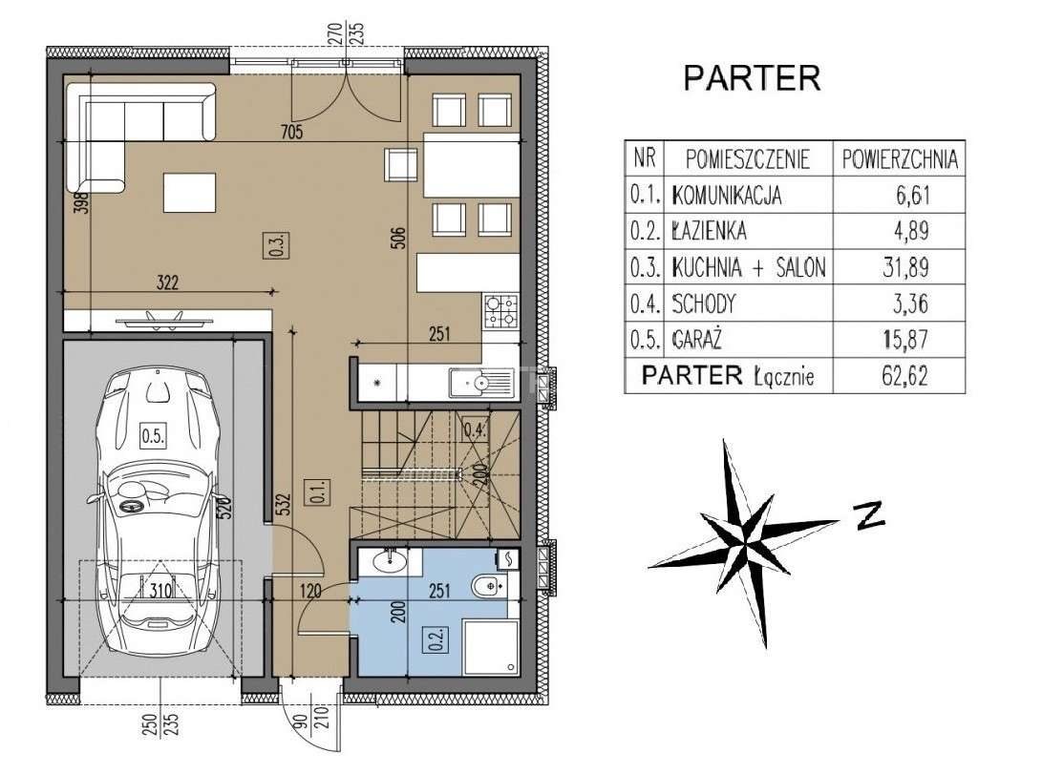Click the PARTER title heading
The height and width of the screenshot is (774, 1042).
coord(752,77)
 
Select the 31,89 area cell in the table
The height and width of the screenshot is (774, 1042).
coord(905,267)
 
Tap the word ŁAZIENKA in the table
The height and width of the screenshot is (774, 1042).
coord(709,231)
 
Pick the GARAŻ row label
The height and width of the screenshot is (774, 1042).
coord(696,340)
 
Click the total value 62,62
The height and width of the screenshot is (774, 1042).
coord(904,376)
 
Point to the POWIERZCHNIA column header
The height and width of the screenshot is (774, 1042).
coord(900,159)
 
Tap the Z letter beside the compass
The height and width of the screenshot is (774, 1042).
coord(868,514)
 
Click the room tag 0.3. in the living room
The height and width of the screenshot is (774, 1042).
coord(279,244)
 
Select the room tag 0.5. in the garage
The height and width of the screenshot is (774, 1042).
coord(153,436)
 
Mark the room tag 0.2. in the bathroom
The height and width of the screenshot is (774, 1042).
coord(436,638)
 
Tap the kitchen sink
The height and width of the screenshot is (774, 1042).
coord(481,383)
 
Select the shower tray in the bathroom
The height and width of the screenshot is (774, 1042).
coord(491,646)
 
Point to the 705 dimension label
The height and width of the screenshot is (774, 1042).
coord(291,132)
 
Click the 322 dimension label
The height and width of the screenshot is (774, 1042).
coord(167,282)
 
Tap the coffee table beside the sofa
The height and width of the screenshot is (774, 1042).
coord(189,193)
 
